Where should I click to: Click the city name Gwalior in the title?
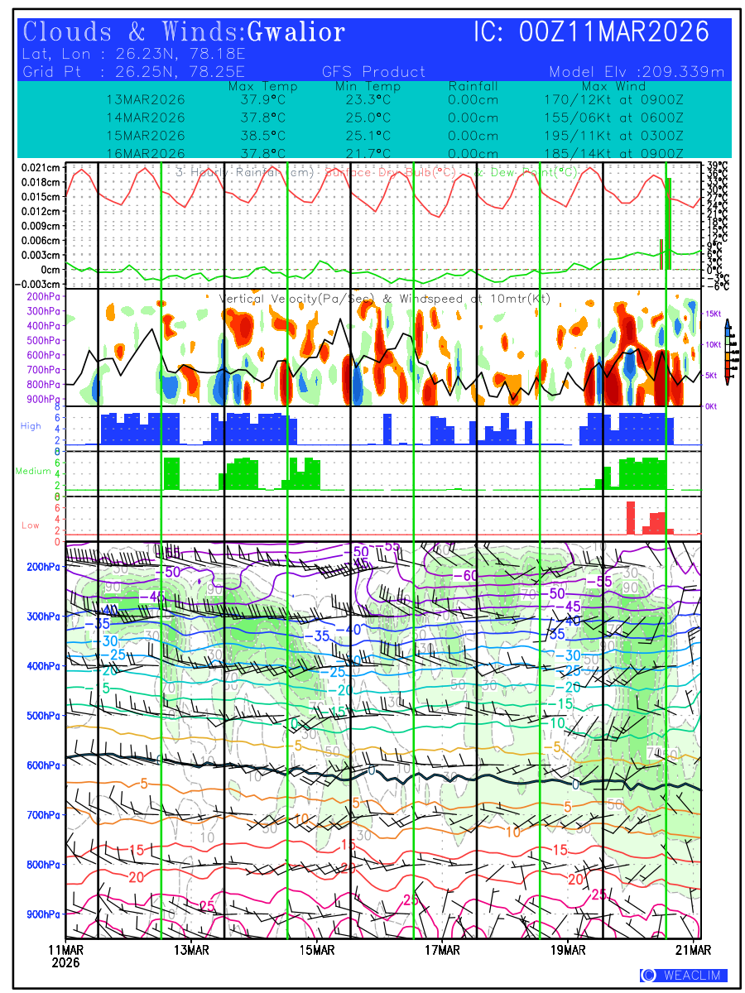pos(296,33)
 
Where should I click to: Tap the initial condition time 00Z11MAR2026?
pos(592,33)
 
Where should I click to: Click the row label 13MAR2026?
pos(146,100)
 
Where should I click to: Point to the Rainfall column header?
pos(473,86)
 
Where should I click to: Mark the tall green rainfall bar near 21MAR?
pos(669,223)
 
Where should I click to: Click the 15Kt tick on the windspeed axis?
pos(714,314)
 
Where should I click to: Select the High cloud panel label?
pos(31,425)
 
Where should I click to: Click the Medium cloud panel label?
pos(34,472)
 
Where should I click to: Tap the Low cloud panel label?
pos(31,525)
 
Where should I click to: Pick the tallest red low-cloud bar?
pos(630,518)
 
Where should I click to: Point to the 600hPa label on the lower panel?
pos(43,765)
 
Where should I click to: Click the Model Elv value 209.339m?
pos(688,72)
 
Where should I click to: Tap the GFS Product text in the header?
pos(373,72)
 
